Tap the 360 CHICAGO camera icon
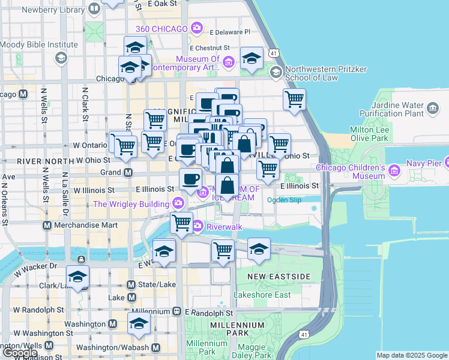197,28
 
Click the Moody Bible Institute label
39,45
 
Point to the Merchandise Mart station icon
47,225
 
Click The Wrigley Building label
131,204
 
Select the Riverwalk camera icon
197,227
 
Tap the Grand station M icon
128,173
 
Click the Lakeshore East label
262,295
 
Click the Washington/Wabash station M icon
155,347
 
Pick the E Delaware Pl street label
229,31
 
